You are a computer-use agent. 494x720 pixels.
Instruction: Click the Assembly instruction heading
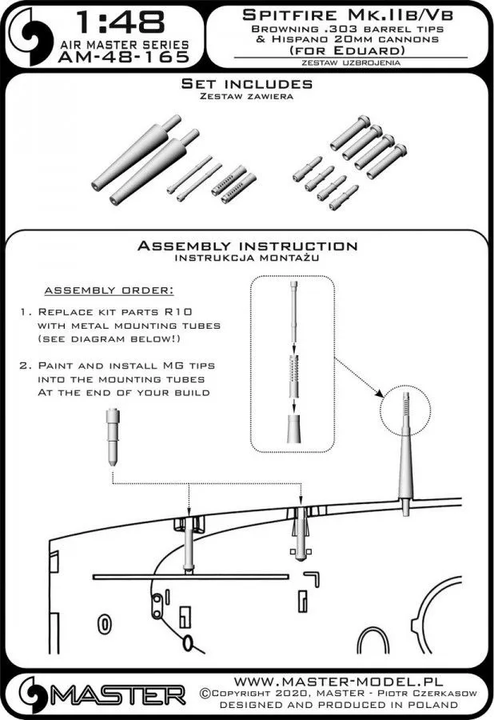click(247, 246)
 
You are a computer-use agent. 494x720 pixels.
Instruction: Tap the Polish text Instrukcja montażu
click(247, 258)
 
